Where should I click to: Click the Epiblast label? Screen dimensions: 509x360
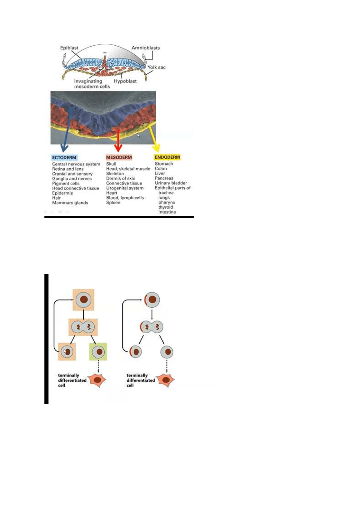[x=69, y=48]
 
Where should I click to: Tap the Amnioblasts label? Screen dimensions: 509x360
[x=145, y=48]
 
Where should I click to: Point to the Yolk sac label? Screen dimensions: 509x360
[x=156, y=67]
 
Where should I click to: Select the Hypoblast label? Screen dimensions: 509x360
[x=125, y=81]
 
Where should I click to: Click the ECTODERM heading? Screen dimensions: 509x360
[x=64, y=157]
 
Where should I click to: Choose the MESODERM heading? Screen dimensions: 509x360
[x=119, y=157]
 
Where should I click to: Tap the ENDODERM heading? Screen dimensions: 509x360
[x=167, y=157]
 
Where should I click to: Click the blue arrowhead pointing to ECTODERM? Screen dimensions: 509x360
[x=64, y=148]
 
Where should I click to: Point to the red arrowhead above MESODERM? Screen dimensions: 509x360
[x=118, y=148]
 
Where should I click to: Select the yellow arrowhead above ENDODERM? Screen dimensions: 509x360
[x=156, y=148]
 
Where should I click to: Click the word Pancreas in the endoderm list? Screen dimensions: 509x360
[x=164, y=178]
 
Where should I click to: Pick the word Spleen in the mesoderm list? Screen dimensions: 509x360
[x=113, y=203]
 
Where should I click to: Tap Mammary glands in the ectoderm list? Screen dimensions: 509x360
[x=70, y=203]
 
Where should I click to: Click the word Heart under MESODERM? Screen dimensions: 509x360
[x=112, y=193]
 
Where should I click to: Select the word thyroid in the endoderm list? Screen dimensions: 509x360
[x=166, y=207]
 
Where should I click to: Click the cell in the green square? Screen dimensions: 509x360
[x=98, y=352]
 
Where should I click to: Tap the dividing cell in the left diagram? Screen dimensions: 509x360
[x=83, y=327]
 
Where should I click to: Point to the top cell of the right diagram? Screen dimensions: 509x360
[x=152, y=300]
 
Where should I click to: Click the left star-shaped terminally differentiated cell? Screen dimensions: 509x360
[x=98, y=380]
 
